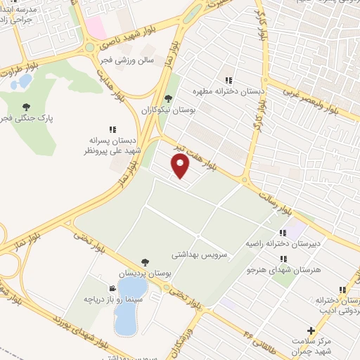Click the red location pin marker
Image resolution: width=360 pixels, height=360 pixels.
181,166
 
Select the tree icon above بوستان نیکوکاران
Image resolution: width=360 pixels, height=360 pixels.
167,99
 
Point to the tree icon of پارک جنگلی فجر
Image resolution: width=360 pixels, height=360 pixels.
27,107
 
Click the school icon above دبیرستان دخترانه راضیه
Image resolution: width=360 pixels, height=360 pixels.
283,233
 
